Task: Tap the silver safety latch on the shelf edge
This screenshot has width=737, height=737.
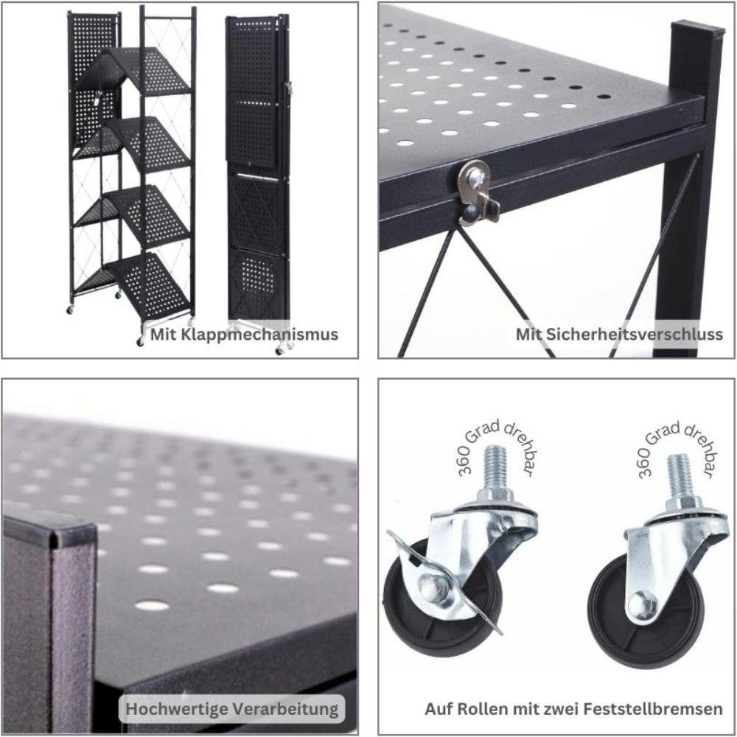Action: pos(478,190)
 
